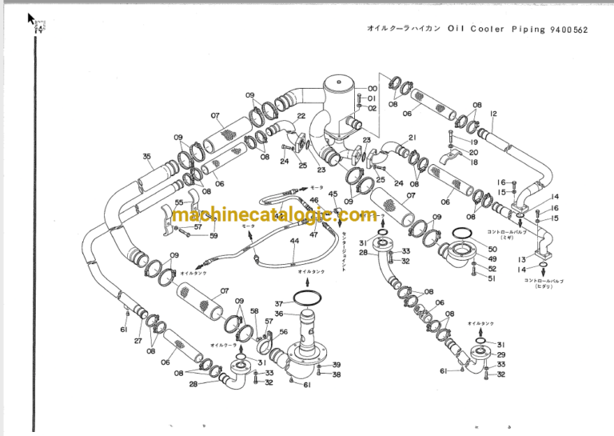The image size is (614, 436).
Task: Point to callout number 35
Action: tap(146, 156)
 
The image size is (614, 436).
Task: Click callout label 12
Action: tap(493, 114)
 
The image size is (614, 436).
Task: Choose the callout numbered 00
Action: tap(373, 89)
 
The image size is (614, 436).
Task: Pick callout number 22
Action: tap(301, 116)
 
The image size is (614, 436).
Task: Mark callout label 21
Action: tap(413, 138)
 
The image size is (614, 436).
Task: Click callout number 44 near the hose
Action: tap(294, 241)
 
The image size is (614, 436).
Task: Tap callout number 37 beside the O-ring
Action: tap(279, 304)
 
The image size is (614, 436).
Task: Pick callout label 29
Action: tap(501, 354)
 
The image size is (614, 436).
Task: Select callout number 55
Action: tap(179, 203)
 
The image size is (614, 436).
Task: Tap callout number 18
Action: tap(473, 162)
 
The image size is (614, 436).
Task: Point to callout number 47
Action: tap(313, 234)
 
